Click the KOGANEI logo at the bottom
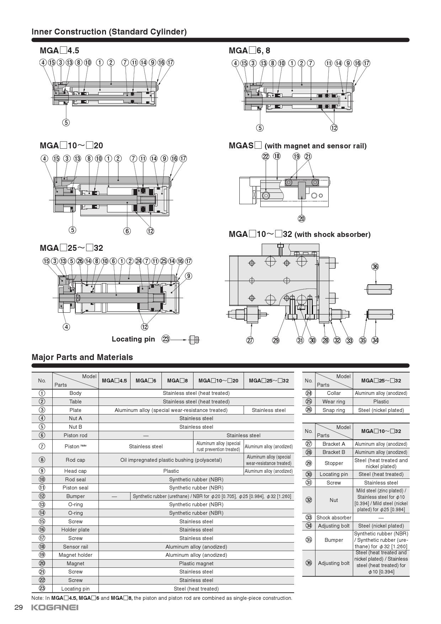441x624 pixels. pyautogui.click(x=55, y=607)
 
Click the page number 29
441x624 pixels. pyautogui.click(x=18, y=607)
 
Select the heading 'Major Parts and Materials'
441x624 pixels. pyautogui.click(x=82, y=357)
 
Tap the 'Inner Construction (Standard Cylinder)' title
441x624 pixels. pyautogui.click(x=109, y=32)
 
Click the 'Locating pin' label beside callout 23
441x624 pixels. pyautogui.click(x=133, y=339)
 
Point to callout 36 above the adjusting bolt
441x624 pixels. pyautogui.click(x=375, y=266)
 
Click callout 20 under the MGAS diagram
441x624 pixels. pyautogui.click(x=302, y=218)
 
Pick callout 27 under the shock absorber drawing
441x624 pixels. pyautogui.click(x=250, y=340)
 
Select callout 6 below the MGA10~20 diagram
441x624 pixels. pyautogui.click(x=127, y=231)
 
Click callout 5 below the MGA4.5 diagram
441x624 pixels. pyautogui.click(x=66, y=122)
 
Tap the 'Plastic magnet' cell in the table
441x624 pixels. pyautogui.click(x=196, y=564)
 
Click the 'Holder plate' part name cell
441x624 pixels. pyautogui.click(x=75, y=530)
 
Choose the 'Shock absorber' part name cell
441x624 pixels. pyautogui.click(x=334, y=518)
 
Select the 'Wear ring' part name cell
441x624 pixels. pyautogui.click(x=334, y=402)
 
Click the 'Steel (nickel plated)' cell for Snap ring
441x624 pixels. pyautogui.click(x=381, y=410)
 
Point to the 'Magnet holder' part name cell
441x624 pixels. pyautogui.click(x=75, y=555)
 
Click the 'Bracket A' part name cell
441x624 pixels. pyautogui.click(x=334, y=444)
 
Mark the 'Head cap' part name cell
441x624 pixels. pyautogui.click(x=75, y=471)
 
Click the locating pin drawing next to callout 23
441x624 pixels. pyautogui.click(x=194, y=339)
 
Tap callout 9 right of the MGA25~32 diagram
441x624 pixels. pyautogui.click(x=188, y=276)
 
